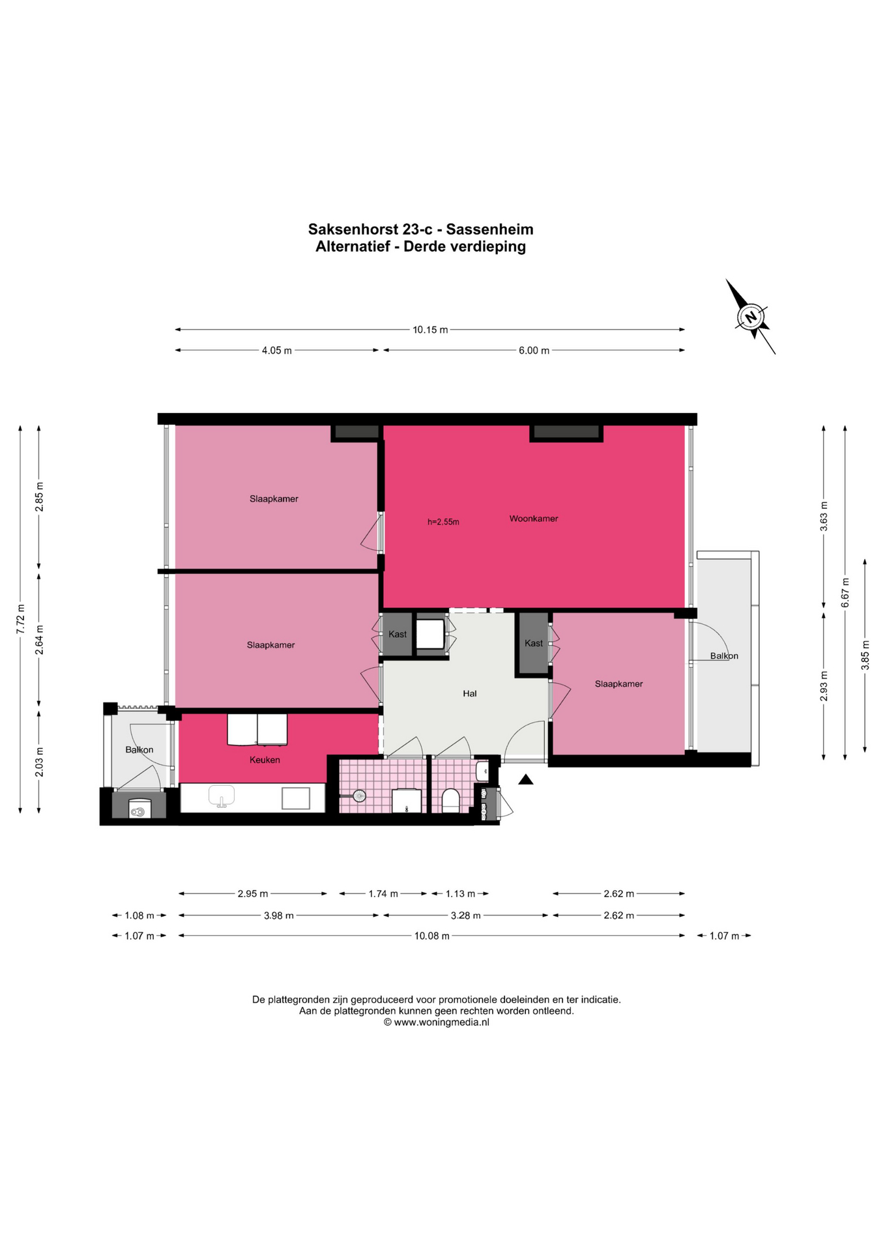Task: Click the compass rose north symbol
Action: pos(751,317)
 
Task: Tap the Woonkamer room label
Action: pos(534,519)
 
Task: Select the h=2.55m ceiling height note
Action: pos(443,522)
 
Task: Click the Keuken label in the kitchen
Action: pos(265,760)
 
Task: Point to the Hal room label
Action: pos(470,693)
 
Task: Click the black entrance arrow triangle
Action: pos(526,779)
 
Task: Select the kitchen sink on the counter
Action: pos(222,796)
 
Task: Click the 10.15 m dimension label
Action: pos(430,330)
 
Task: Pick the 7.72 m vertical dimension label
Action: pos(20,619)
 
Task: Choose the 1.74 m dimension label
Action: pos(383,893)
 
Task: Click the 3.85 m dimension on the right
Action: pos(865,655)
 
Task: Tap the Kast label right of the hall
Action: pos(534,643)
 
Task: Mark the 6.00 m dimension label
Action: pos(534,351)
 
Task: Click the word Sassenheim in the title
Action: pos(489,229)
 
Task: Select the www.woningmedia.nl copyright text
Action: pos(437,1022)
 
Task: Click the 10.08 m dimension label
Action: pos(432,936)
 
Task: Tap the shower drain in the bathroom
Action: pos(359,796)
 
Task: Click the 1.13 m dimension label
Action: pos(460,893)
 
